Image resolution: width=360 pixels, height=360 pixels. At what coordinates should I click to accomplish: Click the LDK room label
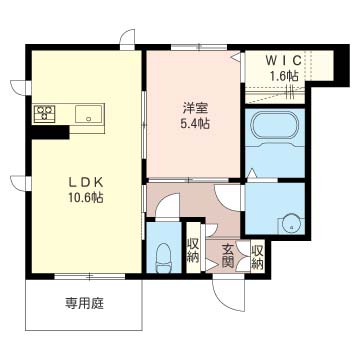point(87,182)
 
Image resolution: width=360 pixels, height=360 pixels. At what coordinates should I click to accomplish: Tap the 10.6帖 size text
point(87,198)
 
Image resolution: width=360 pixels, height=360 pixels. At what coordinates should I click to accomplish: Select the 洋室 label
point(195,108)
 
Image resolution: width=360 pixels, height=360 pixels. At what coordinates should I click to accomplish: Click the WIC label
point(283,60)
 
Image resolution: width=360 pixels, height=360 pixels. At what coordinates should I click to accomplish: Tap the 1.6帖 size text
point(283,76)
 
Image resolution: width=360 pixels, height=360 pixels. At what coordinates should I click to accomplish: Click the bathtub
point(275,126)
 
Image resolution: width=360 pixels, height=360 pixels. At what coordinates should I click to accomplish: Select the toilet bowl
point(164,256)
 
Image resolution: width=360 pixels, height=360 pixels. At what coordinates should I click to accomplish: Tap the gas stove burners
point(45,113)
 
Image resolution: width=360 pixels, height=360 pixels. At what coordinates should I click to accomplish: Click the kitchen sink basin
point(88,114)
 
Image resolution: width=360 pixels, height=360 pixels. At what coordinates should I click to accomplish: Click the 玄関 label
point(227,256)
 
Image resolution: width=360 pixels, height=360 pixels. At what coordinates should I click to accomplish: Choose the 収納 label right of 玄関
point(257,257)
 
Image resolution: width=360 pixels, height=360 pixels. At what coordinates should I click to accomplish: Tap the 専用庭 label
point(84,303)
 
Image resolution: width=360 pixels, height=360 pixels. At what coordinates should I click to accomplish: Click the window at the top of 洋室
point(199,47)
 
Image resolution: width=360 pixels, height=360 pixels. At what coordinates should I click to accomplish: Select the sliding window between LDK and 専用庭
point(90,276)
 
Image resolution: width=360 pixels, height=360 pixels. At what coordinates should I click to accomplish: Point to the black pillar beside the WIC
point(341,65)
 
